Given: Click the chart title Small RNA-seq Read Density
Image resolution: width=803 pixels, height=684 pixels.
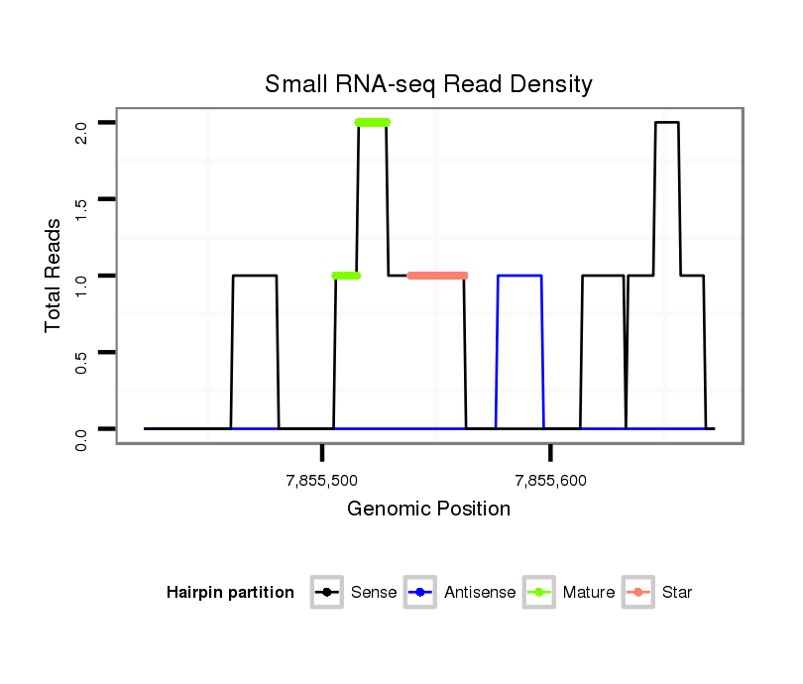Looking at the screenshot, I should coord(428,84).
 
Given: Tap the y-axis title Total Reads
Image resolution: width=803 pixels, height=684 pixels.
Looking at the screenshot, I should coord(54,275).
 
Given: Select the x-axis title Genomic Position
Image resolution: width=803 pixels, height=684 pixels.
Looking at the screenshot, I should coord(428,510).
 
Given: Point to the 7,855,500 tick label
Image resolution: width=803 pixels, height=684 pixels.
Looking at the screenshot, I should coord(321,482).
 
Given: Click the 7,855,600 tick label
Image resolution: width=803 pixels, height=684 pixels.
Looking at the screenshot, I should coord(550,482).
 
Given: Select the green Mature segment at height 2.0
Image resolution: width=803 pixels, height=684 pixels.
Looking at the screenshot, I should coord(373,122).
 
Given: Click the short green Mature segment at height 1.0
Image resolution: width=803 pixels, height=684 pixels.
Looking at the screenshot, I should coord(346,275).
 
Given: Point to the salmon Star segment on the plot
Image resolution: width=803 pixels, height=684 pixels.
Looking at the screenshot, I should coord(437,275).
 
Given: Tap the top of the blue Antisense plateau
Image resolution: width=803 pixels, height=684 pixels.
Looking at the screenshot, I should coord(519,276).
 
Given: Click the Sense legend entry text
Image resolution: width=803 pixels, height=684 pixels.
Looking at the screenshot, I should coord(374,593).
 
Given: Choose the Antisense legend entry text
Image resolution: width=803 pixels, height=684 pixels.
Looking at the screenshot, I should coord(480,593).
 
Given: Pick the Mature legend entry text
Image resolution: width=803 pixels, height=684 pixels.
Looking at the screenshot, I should coord(589,593).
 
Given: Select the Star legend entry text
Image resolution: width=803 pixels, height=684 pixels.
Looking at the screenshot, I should coord(676,593).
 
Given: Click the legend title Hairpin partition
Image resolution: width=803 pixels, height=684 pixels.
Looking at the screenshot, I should coord(230,593).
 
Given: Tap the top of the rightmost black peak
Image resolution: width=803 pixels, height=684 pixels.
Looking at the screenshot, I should coord(666,122).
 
